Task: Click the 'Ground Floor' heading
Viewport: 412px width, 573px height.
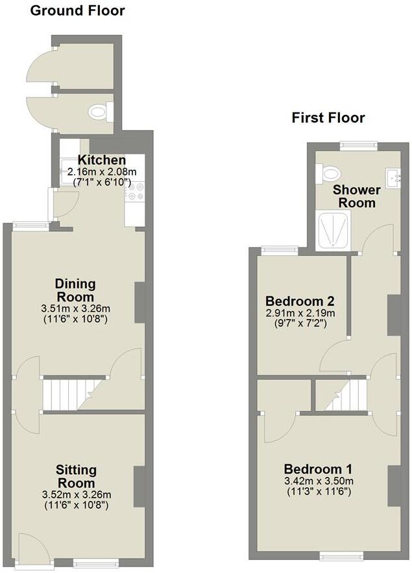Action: pos(78,10)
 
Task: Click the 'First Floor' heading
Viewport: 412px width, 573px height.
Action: pos(328,118)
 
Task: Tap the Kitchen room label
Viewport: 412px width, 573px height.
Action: pos(102,160)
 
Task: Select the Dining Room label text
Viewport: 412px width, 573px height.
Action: pos(75,290)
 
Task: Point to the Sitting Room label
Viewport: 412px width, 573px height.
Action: pos(76,476)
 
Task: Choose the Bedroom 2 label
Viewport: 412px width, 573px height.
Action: pos(300,301)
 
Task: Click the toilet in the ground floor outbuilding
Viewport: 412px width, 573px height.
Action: pos(99,113)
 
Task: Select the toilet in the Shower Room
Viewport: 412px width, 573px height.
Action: pos(330,173)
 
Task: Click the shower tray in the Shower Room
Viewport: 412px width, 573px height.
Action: pos(333,232)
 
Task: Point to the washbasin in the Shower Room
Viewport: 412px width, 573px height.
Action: pos(391,176)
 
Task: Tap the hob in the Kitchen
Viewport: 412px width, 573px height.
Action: pos(136,190)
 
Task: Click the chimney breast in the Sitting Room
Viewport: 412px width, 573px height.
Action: pos(139,487)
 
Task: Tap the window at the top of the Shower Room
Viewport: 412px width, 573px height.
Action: pos(359,146)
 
